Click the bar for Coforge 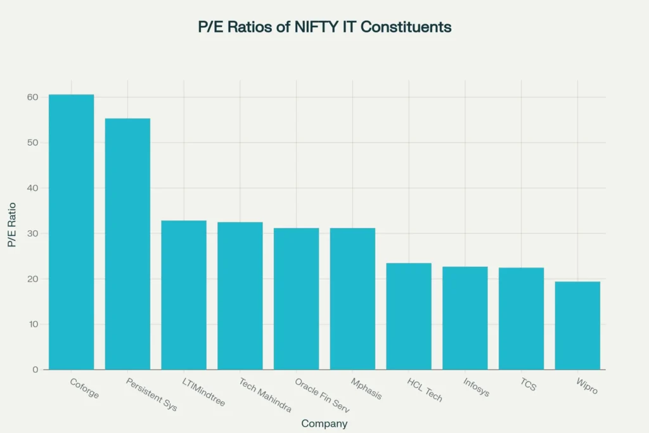(71, 232)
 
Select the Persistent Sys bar (127, 244)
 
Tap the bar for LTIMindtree (184, 295)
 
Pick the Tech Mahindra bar (240, 295)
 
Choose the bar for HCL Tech (409, 316)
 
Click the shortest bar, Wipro (577, 325)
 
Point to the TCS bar (521, 318)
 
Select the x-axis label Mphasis (366, 389)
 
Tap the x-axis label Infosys (476, 387)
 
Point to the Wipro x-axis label (587, 386)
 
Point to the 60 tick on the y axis (32, 97)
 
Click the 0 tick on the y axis (35, 370)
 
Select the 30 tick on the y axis (32, 233)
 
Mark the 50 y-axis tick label (32, 143)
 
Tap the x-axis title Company (324, 423)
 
